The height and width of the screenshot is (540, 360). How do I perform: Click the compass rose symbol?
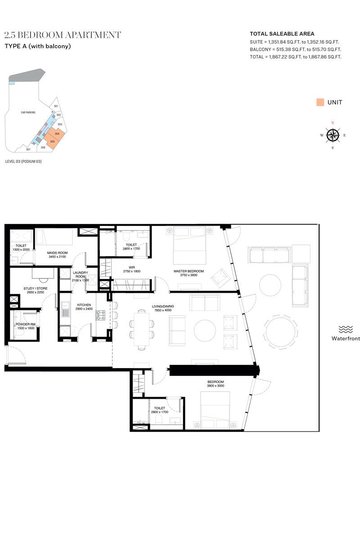(333, 135)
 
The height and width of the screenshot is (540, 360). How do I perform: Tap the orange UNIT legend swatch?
(320, 102)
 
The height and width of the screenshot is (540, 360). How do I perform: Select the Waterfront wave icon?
(346, 329)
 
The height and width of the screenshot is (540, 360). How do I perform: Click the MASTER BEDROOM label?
(189, 271)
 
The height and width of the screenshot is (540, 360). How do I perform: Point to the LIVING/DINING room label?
(163, 306)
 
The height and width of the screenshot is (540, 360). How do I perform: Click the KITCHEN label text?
(84, 305)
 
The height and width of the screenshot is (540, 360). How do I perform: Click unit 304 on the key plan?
(57, 134)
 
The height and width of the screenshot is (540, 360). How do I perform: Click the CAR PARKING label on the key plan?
(28, 112)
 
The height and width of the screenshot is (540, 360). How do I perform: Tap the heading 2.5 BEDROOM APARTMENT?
(63, 35)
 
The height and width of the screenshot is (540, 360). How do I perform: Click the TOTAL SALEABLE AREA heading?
(282, 34)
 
